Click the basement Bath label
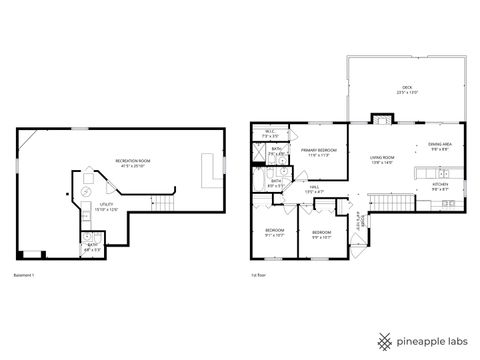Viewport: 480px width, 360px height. tap(91, 245)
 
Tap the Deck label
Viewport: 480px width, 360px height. tap(407, 90)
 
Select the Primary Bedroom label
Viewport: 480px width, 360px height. tap(319, 151)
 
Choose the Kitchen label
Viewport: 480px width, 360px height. tap(440, 186)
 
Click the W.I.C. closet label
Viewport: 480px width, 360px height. tap(270, 133)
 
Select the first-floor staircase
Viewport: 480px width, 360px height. tap(391, 203)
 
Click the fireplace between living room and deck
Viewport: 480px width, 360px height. tap(381, 119)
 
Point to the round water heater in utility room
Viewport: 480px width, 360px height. tap(85, 192)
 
